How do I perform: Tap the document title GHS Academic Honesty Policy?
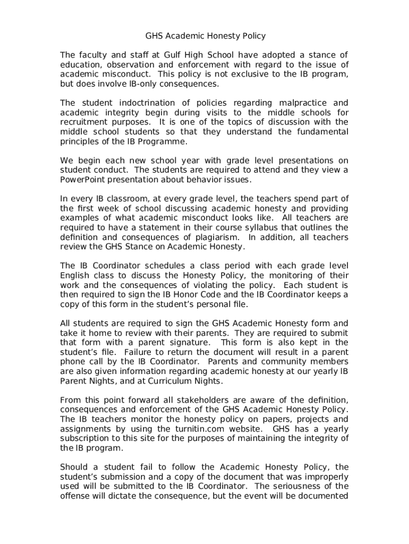(205, 36)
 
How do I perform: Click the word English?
(75, 276)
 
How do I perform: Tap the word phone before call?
(73, 362)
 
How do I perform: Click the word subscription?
(85, 438)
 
